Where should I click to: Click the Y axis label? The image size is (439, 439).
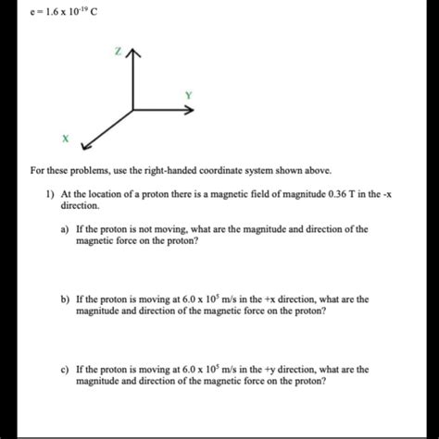coord(189,95)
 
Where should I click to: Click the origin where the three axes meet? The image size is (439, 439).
coord(135,110)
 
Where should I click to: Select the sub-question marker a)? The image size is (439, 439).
coord(66,229)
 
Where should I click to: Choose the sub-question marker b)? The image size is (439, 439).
coord(66,299)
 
